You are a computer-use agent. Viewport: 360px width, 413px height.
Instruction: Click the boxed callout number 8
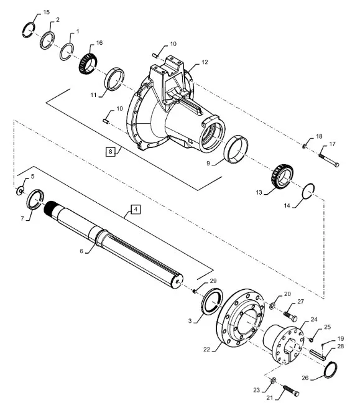click(x=110, y=152)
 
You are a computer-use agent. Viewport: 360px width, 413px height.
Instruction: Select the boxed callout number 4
click(x=136, y=210)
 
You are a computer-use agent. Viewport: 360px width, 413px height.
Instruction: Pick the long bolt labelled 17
click(x=329, y=160)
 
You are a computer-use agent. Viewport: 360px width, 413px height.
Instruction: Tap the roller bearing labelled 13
click(x=282, y=177)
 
